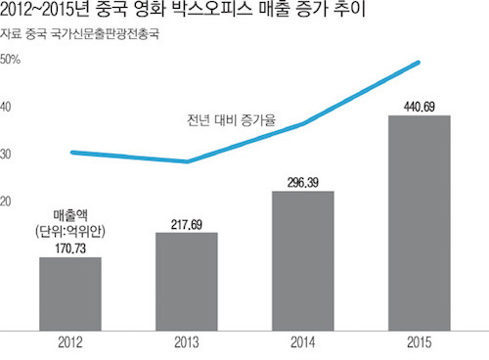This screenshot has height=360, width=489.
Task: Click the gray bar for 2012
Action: pyautogui.click(x=70, y=292)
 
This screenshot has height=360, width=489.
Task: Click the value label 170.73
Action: pyautogui.click(x=70, y=248)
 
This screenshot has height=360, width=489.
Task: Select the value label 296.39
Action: pyautogui.click(x=303, y=182)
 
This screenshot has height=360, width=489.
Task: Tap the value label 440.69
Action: pyautogui.click(x=419, y=106)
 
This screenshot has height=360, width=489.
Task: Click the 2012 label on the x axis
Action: pyautogui.click(x=70, y=343)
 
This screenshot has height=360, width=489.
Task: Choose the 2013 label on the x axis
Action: pyautogui.click(x=187, y=343)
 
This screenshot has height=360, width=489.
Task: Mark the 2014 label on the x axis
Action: pyautogui.click(x=303, y=343)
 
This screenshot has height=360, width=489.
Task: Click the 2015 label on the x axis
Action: pyautogui.click(x=419, y=343)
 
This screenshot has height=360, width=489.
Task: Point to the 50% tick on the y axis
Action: pyautogui.click(x=12, y=60)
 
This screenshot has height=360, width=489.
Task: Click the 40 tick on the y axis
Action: pyautogui.click(x=10, y=107)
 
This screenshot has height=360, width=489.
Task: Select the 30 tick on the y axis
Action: pyautogui.click(x=10, y=155)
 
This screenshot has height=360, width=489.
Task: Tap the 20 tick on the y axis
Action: pyautogui.click(x=10, y=202)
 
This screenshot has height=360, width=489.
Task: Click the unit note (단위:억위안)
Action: pyautogui.click(x=70, y=230)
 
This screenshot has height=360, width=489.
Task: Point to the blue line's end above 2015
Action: pyautogui.click(x=420, y=63)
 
